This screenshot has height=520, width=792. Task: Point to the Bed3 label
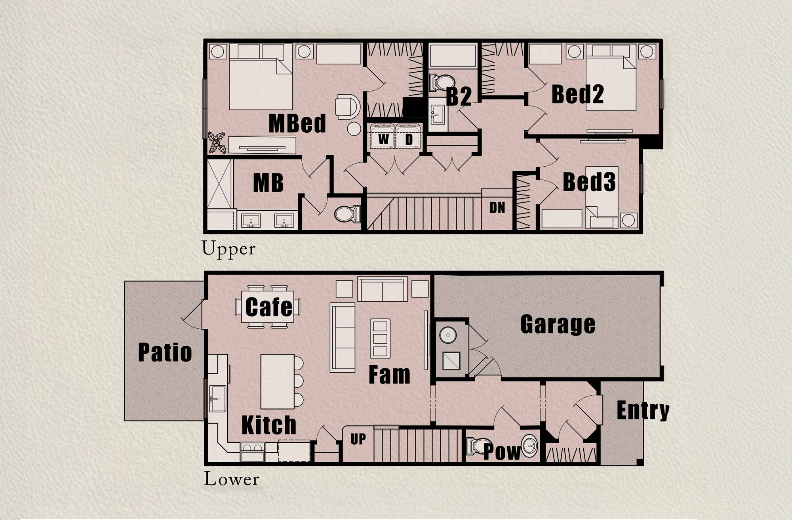[589, 182]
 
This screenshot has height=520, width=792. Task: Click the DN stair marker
[497, 208]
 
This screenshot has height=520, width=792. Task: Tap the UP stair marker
[358, 439]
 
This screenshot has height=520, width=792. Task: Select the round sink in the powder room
[529, 446]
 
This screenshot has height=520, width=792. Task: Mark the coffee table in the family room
[380, 339]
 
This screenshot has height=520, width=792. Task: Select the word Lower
[231, 480]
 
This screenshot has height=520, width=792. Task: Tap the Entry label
[643, 411]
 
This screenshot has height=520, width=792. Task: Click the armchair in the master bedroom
[347, 106]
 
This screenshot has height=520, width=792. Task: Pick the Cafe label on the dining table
[269, 307]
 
